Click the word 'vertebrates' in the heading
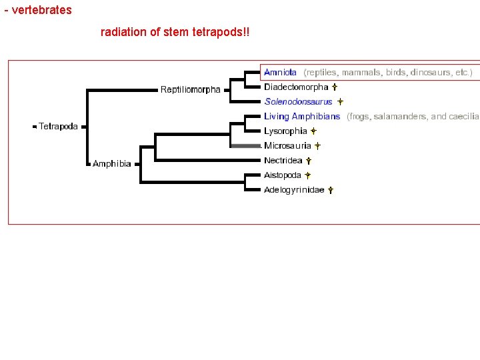click(x=42, y=11)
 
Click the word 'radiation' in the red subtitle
click(x=121, y=32)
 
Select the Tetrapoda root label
click(x=58, y=126)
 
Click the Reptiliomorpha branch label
click(x=190, y=90)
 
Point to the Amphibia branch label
click(x=111, y=163)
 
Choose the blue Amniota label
click(x=280, y=72)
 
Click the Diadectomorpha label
click(x=296, y=87)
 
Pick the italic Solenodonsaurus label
click(x=298, y=102)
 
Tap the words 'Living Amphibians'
click(x=302, y=116)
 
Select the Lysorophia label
click(x=285, y=131)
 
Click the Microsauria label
click(x=287, y=146)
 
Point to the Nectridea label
click(x=283, y=161)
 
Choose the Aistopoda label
click(x=282, y=175)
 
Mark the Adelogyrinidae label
click(x=294, y=190)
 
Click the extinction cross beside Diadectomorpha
click(x=334, y=87)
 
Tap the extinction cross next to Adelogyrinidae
click(x=330, y=190)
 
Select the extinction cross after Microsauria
click(x=317, y=146)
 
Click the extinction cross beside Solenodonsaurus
click(x=339, y=102)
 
